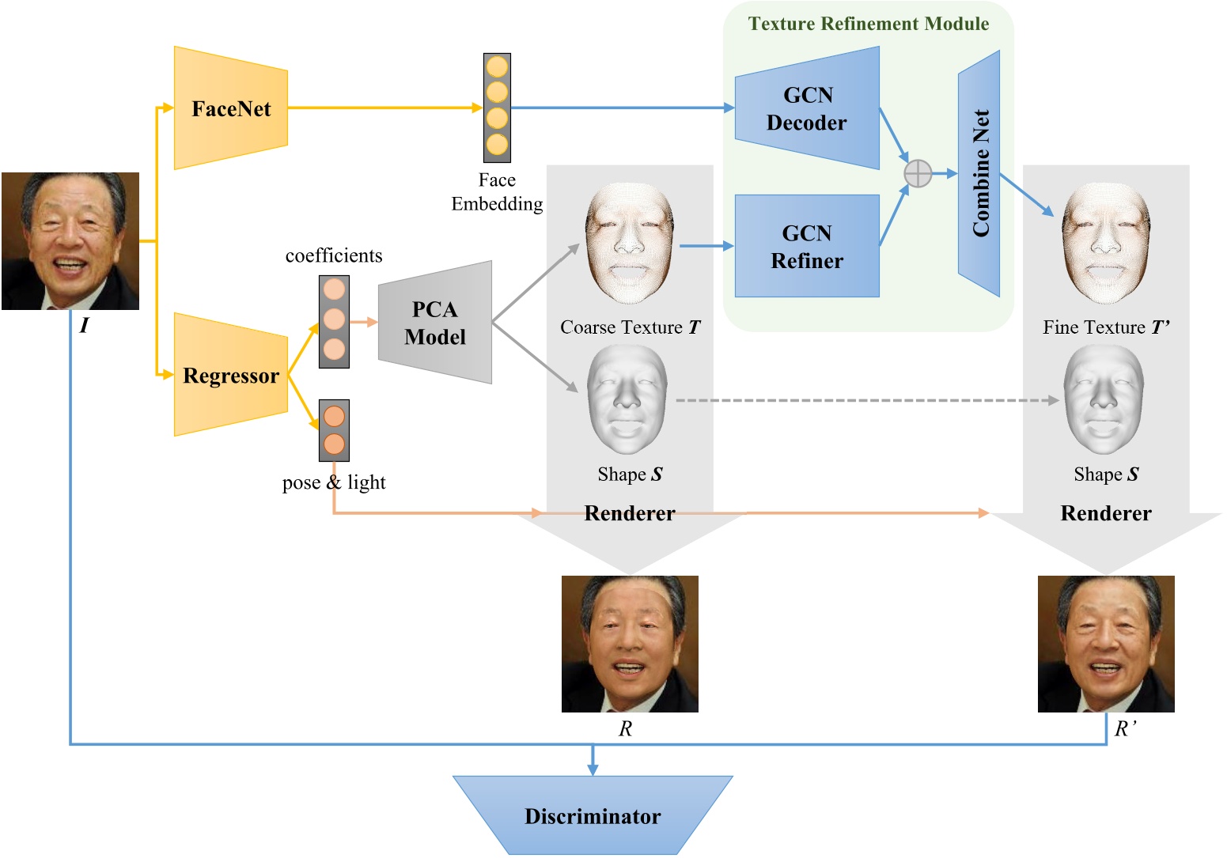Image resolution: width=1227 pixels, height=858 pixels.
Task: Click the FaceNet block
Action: click(230, 108)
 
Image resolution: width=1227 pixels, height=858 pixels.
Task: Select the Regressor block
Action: click(230, 375)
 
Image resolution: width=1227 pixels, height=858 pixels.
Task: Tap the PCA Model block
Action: click(435, 323)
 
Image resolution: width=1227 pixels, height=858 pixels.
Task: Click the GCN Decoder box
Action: click(807, 108)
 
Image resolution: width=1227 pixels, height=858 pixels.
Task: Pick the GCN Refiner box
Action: click(807, 246)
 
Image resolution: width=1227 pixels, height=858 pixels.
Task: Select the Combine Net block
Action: click(979, 173)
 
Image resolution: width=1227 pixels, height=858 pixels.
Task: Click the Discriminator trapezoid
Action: click(593, 815)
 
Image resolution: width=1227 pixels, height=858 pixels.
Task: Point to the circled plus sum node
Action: click(918, 173)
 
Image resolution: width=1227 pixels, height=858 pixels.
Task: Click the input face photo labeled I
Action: click(70, 241)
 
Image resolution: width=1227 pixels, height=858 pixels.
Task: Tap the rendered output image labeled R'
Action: click(1106, 644)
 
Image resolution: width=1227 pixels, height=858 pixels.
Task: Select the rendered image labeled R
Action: click(630, 644)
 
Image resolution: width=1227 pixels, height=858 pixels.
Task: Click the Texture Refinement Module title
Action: click(869, 24)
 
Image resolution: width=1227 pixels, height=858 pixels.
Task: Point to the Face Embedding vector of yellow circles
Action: click(497, 108)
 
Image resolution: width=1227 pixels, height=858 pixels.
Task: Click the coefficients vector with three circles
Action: click(334, 321)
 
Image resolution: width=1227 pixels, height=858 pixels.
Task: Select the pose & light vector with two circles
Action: click(334, 430)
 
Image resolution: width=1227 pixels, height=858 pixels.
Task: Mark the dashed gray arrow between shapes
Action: click(866, 401)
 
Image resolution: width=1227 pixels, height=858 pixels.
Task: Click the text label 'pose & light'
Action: click(334, 482)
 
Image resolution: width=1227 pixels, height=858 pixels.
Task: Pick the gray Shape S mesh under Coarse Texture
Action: click(627, 400)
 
